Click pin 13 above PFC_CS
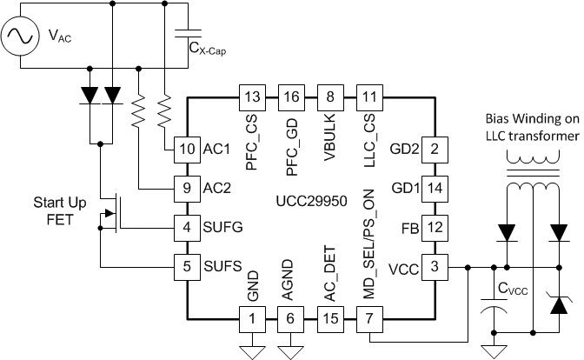click(x=252, y=96)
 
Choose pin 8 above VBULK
click(x=329, y=96)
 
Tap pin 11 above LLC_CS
click(x=368, y=96)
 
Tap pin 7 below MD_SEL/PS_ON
click(x=368, y=318)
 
